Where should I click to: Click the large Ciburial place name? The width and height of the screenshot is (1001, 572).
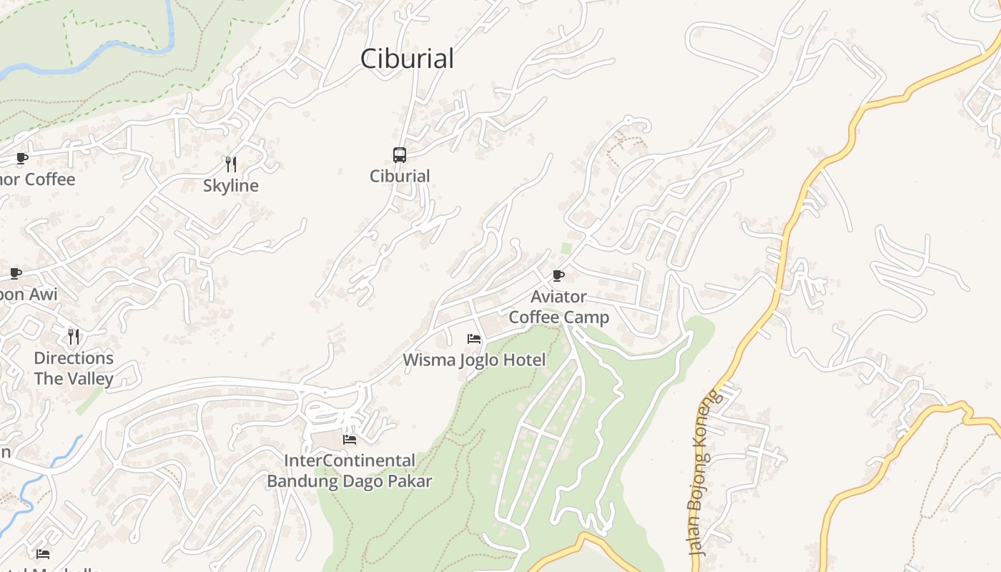pos(407,59)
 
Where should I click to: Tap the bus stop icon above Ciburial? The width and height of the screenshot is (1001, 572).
pos(400,154)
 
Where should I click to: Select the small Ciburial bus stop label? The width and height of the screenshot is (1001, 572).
pos(400,176)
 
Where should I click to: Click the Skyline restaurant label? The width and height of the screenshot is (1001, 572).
pos(231,186)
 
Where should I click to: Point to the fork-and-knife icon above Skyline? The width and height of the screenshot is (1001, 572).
pos(231,164)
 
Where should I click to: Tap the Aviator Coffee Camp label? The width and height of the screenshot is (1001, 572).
pos(559,307)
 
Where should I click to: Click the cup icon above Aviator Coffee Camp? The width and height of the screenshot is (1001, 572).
pos(558,275)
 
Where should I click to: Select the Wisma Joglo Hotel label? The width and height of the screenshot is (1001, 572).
pos(474,360)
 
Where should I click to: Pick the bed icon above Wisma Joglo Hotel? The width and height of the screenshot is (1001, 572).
pos(473,338)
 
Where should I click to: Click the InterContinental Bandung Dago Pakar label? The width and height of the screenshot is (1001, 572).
pos(350,470)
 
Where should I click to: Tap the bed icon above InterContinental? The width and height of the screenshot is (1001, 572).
pos(350,439)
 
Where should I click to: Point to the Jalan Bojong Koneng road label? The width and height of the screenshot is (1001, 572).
pos(699,473)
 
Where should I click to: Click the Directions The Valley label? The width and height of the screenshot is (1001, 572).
pos(74,368)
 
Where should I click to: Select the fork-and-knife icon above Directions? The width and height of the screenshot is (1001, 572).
pos(73,336)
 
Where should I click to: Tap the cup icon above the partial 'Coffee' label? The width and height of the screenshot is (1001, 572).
pos(22,158)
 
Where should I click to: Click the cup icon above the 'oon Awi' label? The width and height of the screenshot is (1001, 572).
pos(16,273)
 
